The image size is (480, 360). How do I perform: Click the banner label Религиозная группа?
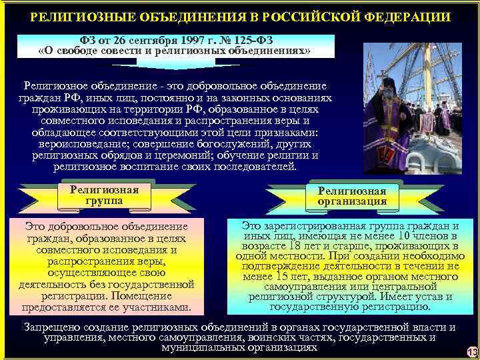(104, 195)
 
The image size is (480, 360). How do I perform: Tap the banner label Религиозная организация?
(352, 196)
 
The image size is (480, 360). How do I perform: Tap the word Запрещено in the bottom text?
(49, 327)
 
